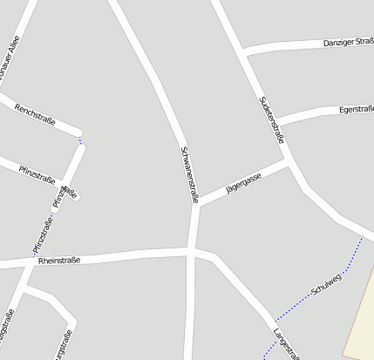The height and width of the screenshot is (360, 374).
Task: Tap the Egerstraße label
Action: tap(356, 110)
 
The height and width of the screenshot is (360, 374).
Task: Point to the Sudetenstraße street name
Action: tap(272, 119)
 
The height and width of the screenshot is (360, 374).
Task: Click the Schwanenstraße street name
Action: tap(189, 173)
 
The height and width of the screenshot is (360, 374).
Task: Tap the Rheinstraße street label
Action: tap(59, 260)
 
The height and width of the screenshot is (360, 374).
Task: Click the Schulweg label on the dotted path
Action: tap(326, 283)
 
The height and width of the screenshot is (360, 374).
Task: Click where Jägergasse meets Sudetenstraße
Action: tap(289, 161)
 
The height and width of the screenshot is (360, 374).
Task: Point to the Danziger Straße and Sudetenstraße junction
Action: tap(247, 54)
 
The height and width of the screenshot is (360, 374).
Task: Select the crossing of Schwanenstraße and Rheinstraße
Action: tap(191, 252)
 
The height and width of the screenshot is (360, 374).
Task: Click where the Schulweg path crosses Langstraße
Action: tap(274, 322)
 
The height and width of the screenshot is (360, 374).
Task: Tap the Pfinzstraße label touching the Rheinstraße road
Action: tap(41, 237)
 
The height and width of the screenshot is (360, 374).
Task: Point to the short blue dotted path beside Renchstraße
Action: tap(81, 139)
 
